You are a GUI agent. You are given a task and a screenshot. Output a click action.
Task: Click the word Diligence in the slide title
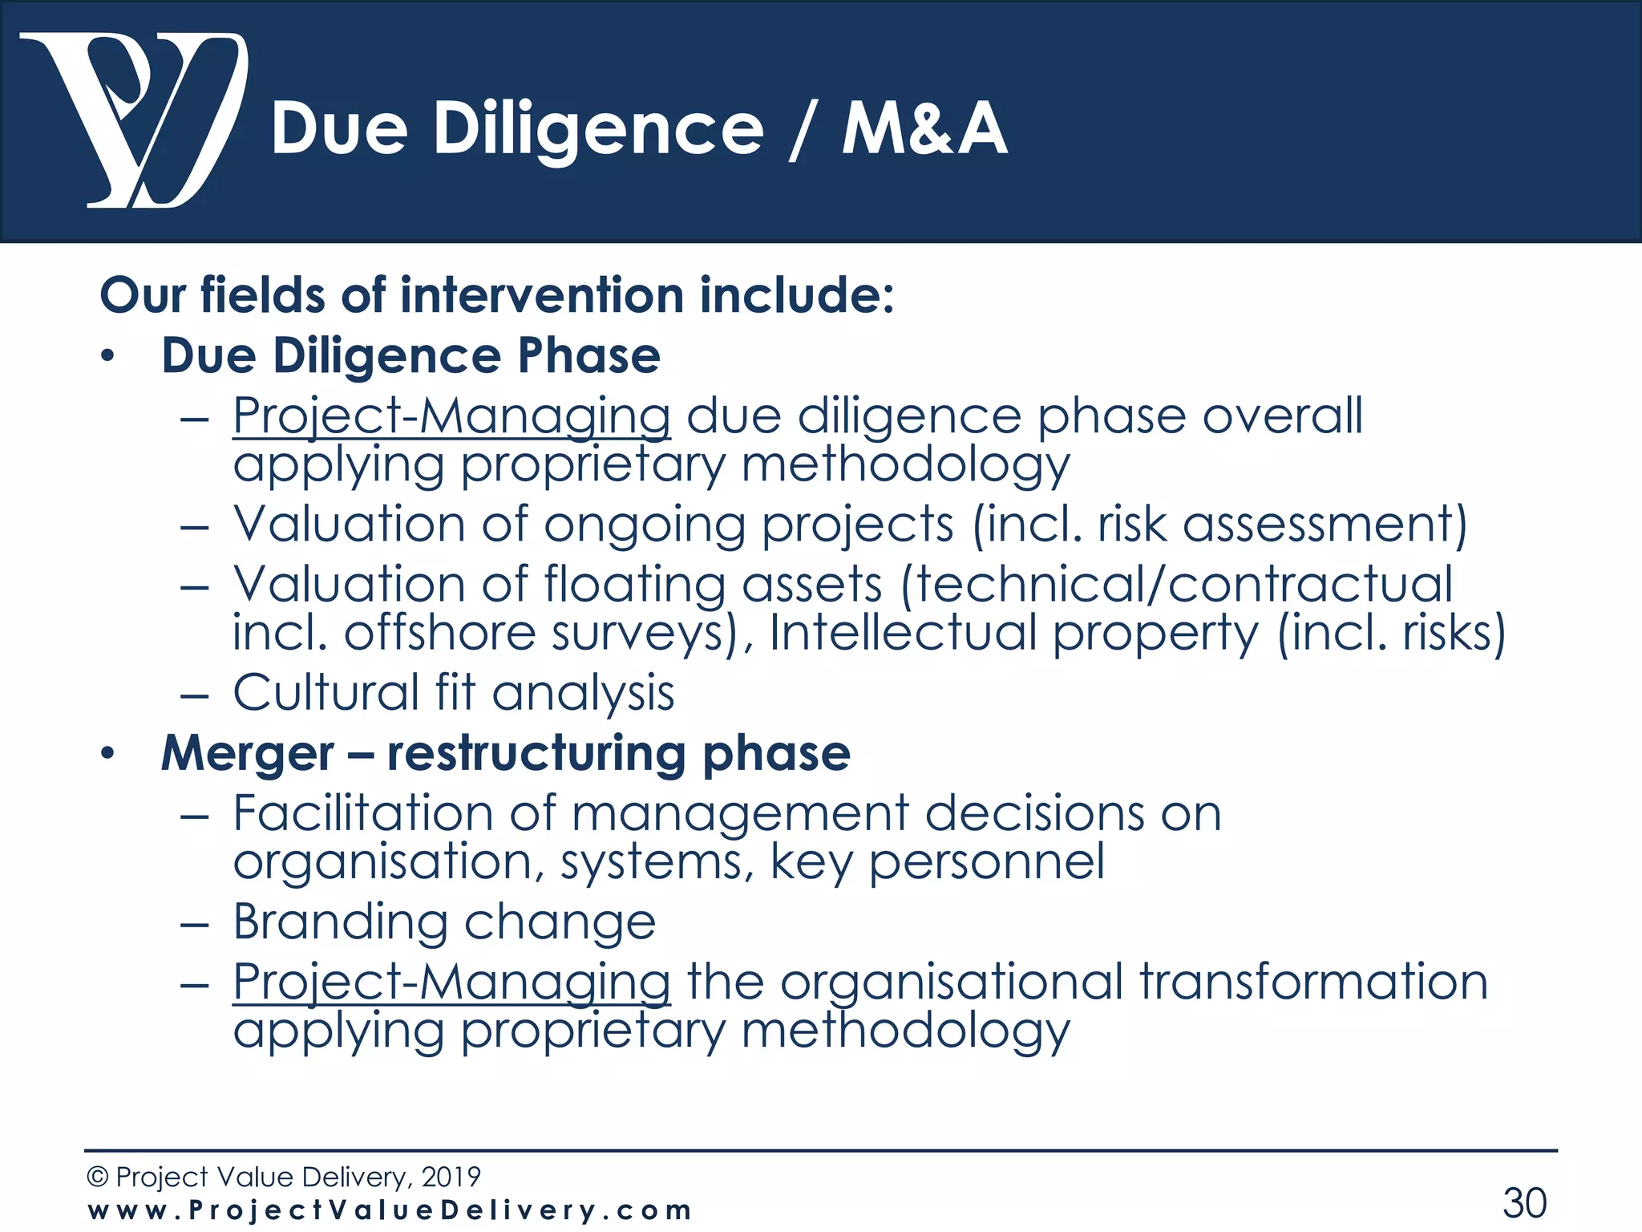598,130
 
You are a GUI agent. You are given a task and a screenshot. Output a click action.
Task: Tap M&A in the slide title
924,130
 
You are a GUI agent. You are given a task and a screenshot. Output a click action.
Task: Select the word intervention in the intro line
541,295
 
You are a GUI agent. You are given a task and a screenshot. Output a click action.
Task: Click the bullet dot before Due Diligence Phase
108,357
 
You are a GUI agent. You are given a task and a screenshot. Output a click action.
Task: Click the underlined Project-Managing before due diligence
451,417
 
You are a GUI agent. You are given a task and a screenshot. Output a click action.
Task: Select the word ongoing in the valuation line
645,525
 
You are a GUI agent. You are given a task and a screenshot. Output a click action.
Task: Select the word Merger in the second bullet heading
248,754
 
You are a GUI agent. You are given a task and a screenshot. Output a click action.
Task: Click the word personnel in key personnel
986,863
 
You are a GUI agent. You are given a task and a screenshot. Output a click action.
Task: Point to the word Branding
340,922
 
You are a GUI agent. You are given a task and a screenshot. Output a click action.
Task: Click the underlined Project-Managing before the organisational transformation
451,983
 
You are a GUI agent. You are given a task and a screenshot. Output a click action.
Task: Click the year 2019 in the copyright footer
451,1177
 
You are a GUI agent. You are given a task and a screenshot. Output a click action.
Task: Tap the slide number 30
1524,1203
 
